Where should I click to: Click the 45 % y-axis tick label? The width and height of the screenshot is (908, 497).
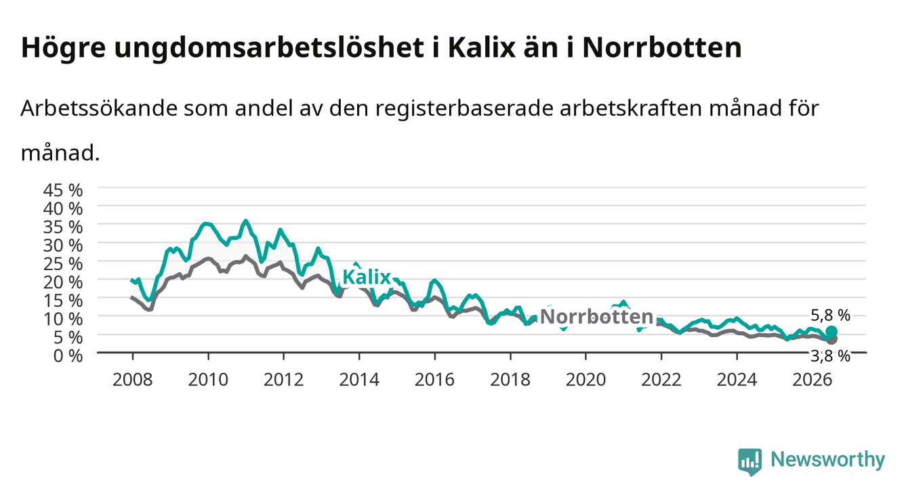[63, 190]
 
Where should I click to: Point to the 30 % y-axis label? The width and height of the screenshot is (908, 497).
[63, 246]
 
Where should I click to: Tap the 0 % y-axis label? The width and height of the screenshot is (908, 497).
[68, 355]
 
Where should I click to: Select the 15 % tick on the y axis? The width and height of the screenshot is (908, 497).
[63, 301]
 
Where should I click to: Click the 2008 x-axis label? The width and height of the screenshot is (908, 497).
[133, 380]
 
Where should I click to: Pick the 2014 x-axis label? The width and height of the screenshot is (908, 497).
[359, 380]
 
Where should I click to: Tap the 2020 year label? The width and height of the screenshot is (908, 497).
[585, 380]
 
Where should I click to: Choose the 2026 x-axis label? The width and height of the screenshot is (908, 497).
[812, 380]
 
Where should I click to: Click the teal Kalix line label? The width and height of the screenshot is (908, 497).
[367, 278]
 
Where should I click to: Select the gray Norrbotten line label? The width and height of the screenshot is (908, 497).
[597, 316]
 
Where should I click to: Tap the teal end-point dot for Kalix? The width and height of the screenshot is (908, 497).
[831, 331]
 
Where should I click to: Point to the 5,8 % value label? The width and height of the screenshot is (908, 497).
[830, 315]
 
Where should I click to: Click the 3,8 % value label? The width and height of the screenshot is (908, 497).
[830, 356]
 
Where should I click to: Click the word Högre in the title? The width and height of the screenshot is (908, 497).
[64, 48]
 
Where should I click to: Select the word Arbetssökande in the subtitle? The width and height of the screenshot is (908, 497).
[99, 108]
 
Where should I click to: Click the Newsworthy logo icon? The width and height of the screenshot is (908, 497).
[750, 461]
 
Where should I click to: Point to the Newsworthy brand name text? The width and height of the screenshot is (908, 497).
[828, 460]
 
